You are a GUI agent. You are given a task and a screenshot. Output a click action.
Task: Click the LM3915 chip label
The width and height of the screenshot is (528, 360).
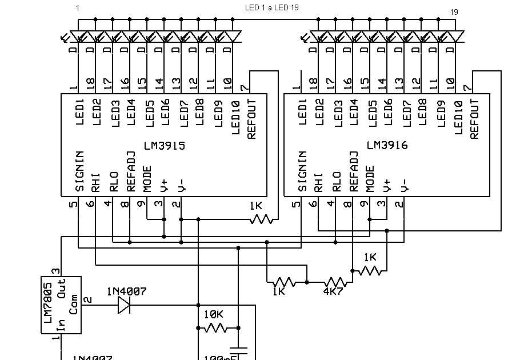(165, 146)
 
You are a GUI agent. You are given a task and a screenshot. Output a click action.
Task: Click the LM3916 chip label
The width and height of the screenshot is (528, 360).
(387, 146)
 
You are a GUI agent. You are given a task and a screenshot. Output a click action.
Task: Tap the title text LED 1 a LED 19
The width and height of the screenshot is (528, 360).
(271, 7)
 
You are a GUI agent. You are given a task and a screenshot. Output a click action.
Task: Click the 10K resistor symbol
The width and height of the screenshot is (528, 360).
(216, 329)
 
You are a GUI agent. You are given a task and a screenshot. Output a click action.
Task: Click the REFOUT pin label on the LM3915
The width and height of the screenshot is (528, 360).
(252, 119)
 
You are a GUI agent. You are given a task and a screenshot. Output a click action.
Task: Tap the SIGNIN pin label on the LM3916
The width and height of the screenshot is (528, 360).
(303, 171)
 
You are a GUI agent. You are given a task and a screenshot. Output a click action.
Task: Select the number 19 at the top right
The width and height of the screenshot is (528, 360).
(454, 11)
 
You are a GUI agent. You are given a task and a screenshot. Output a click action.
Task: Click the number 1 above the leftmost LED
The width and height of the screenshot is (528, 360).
(78, 7)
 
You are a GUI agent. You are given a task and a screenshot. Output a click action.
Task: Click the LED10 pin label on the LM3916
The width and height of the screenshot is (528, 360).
(458, 118)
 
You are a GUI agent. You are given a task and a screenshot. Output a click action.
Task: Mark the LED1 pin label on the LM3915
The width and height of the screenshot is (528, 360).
(80, 112)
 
